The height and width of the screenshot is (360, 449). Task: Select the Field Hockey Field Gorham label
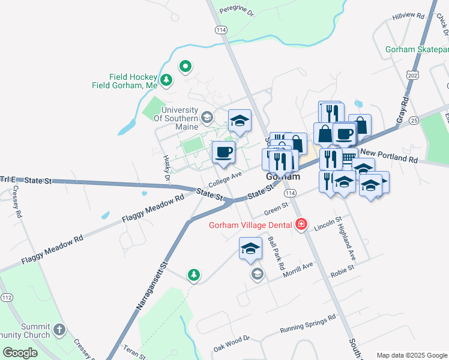125,81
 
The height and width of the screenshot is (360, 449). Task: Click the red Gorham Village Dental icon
301,225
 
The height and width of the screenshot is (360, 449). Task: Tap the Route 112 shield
7,298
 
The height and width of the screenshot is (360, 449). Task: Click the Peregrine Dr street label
238,10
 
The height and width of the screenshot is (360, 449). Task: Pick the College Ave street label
225,178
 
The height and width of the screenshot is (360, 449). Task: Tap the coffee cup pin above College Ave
223,153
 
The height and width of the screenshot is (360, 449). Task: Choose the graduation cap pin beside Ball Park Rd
251,249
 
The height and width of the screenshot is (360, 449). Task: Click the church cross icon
59,329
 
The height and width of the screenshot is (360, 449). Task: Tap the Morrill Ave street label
298,270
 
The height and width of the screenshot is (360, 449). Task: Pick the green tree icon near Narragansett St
193,275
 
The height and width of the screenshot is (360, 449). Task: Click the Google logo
20,352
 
